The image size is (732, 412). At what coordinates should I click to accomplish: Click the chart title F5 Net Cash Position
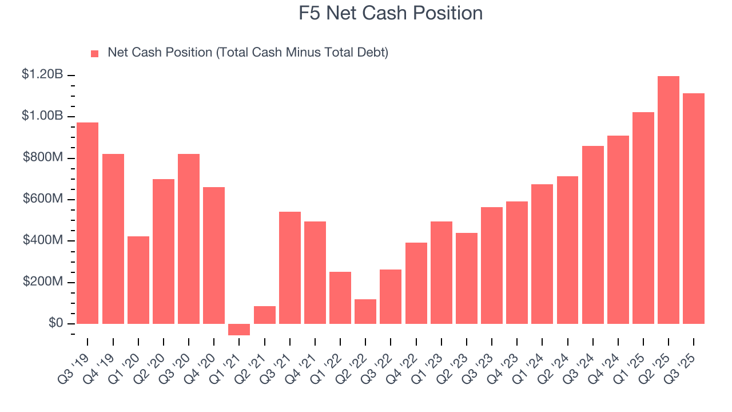tap(391, 13)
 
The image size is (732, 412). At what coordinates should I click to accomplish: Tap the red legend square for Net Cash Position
tap(95, 53)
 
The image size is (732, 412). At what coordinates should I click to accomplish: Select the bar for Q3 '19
tap(87, 223)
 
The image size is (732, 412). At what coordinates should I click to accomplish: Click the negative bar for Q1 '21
tap(239, 330)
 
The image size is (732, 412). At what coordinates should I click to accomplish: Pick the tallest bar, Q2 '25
tap(669, 200)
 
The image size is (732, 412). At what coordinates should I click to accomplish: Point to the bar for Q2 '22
tap(365, 311)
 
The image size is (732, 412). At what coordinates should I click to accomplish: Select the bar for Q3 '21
tap(289, 268)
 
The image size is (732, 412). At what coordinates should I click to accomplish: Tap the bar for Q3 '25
tap(694, 209)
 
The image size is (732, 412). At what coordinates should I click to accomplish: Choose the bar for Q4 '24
tap(618, 229)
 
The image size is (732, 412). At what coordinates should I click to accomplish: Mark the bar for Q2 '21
tap(264, 315)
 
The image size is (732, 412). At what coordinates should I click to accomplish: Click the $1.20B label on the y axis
tap(43, 74)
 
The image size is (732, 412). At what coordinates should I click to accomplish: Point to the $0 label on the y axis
tap(55, 323)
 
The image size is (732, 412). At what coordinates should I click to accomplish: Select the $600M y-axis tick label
tap(43, 199)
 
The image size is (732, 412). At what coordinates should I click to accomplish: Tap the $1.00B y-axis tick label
tap(43, 116)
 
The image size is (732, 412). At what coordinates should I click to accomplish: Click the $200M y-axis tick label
tap(43, 282)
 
